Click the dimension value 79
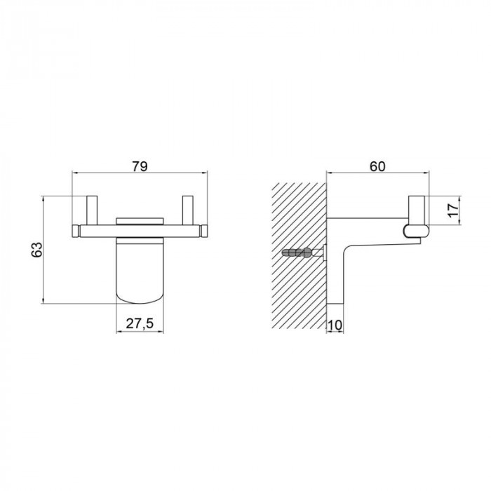[x=140, y=166]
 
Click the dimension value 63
[x=36, y=250]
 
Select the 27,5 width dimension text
[x=140, y=323]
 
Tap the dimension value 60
[x=377, y=166]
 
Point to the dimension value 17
[x=453, y=210]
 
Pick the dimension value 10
[x=335, y=325]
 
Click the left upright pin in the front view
[x=92, y=210]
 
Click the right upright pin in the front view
[x=187, y=210]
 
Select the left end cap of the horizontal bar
[x=76, y=231]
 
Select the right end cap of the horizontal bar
[x=204, y=231]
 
